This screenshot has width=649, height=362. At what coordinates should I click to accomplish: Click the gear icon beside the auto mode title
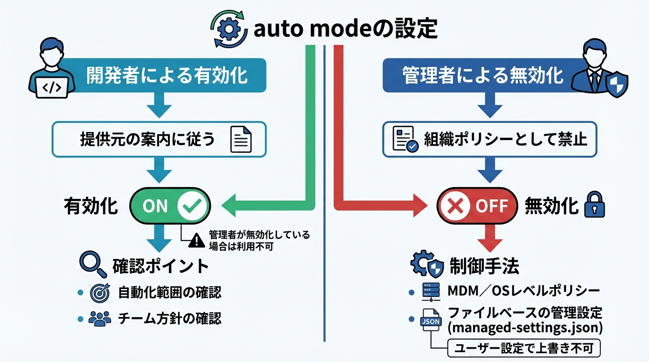click(x=229, y=30)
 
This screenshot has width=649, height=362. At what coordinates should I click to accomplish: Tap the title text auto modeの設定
click(x=346, y=30)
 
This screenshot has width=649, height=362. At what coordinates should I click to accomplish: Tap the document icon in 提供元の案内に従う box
click(x=241, y=140)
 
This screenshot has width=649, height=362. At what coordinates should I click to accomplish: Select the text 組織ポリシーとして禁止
click(x=505, y=140)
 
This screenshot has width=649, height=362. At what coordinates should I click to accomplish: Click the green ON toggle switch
click(x=169, y=206)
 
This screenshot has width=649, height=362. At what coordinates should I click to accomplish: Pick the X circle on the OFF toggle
click(x=455, y=206)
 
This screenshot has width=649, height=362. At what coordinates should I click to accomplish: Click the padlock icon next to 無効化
click(x=594, y=206)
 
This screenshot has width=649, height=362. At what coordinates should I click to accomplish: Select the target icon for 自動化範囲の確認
click(x=100, y=293)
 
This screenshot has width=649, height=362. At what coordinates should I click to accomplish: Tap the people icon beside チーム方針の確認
click(x=100, y=319)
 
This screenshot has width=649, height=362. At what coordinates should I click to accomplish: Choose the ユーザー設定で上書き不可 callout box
click(x=523, y=349)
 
